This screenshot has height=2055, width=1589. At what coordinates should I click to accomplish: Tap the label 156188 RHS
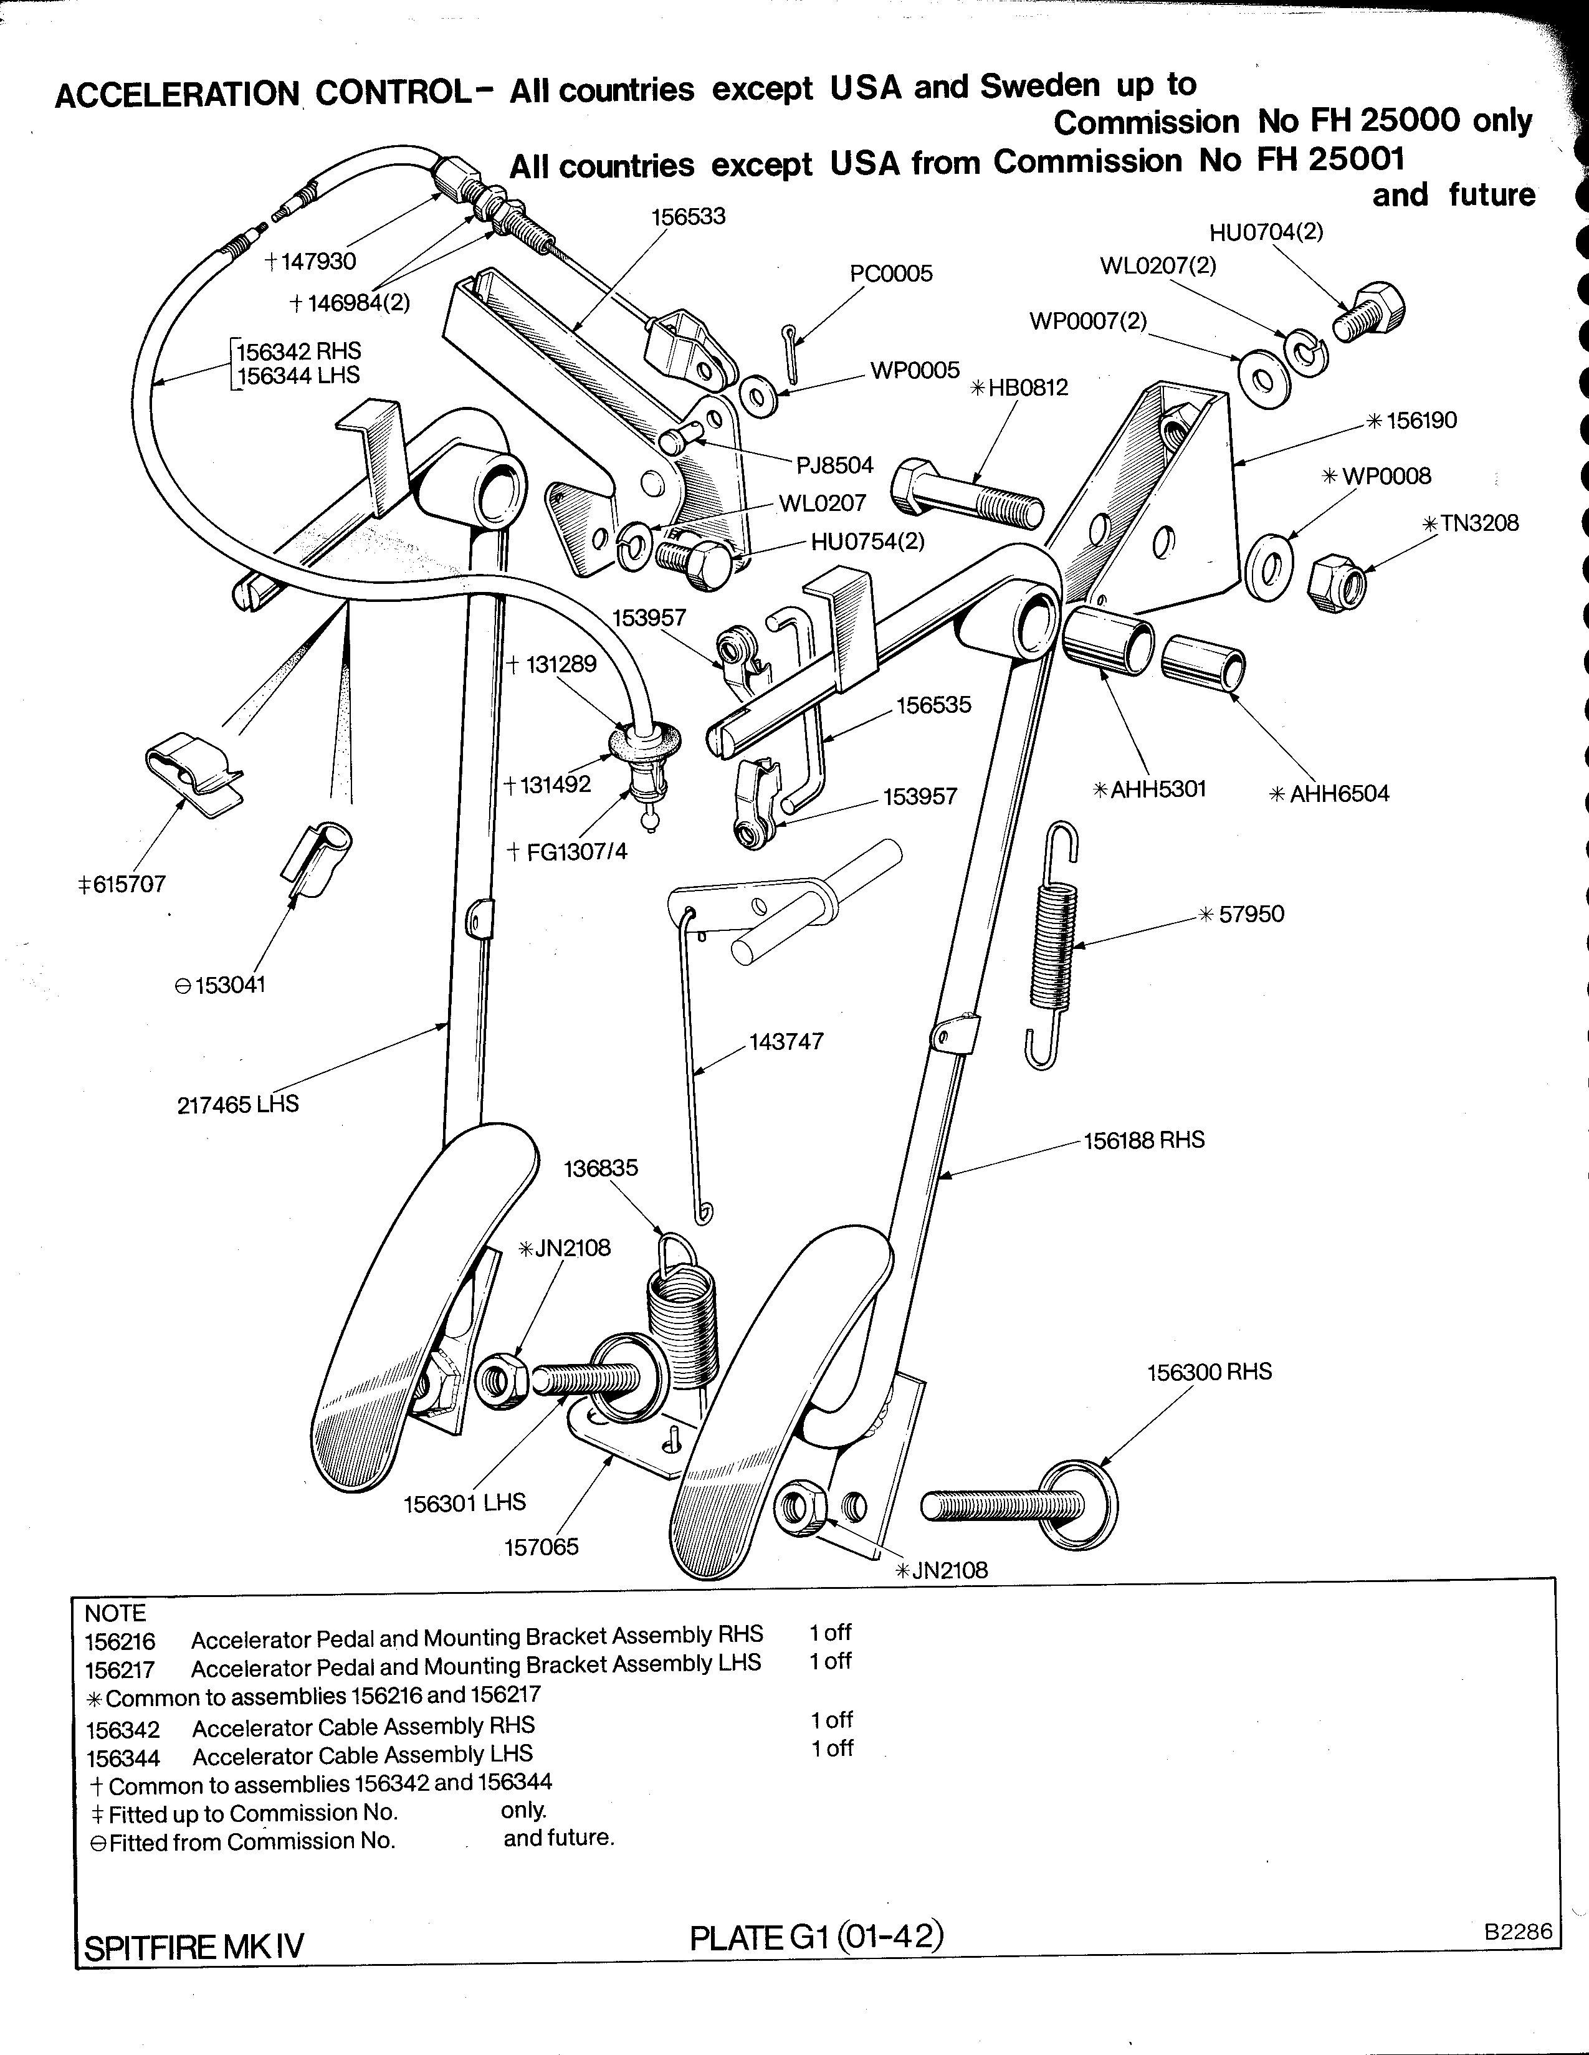click(x=1143, y=1140)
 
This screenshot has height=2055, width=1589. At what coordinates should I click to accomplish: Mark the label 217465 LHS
click(x=237, y=1104)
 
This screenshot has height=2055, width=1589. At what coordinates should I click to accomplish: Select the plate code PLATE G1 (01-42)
click(x=816, y=1937)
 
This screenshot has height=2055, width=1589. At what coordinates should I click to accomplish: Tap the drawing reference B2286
click(x=1517, y=1931)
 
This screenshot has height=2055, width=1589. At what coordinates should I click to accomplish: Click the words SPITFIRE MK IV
click(x=194, y=1946)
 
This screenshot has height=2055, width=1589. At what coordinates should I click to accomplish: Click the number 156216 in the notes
click(x=120, y=1642)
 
